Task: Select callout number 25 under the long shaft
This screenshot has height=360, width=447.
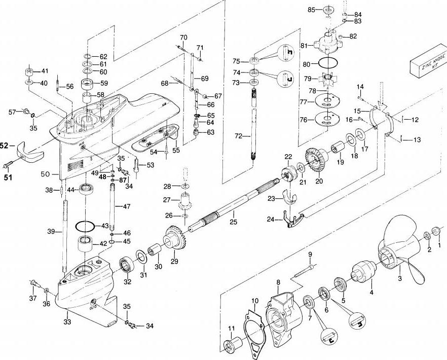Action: click(233, 221)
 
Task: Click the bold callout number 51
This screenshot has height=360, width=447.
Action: click(7, 177)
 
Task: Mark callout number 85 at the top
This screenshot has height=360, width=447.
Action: click(312, 10)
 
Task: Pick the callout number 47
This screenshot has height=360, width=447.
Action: click(127, 206)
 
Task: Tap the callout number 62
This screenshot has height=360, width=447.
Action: click(103, 56)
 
